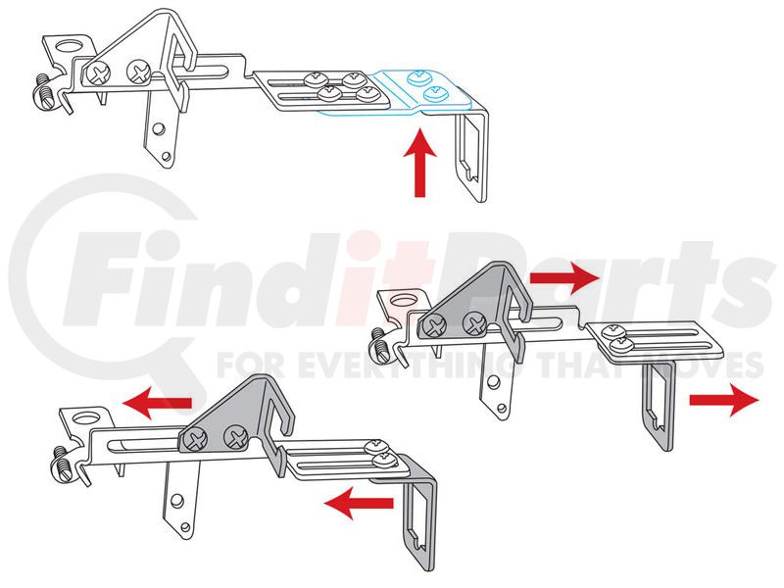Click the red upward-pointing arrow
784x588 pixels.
tap(420, 163)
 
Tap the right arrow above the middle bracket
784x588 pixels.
tap(564, 277)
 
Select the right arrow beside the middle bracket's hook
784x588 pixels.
tap(724, 400)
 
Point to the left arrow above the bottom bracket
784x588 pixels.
tap(158, 403)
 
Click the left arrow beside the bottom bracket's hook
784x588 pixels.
tap(359, 503)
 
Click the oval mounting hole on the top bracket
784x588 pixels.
tap(70, 45)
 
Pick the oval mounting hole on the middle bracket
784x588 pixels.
tap(403, 301)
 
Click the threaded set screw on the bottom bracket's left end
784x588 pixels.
tap(62, 464)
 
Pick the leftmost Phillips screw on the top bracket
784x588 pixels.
tap(99, 75)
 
